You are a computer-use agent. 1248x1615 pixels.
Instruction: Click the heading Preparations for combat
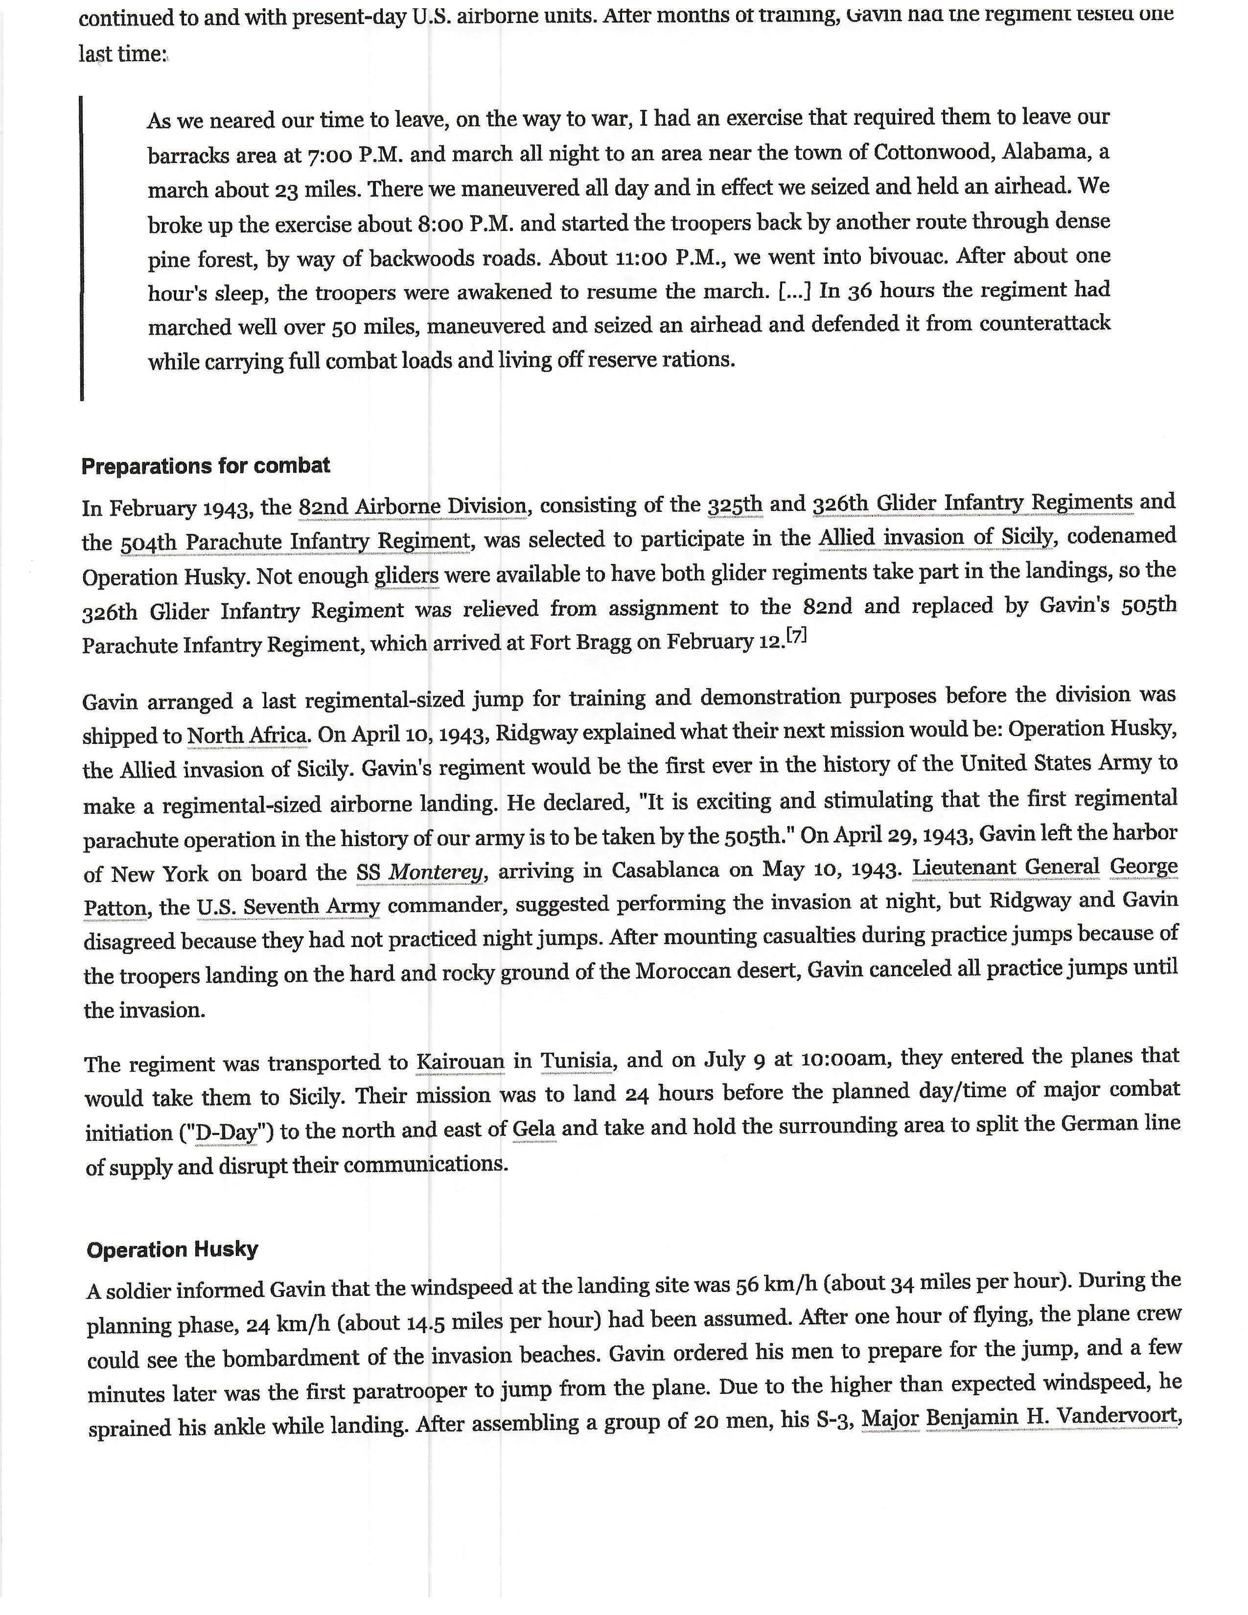click(206, 466)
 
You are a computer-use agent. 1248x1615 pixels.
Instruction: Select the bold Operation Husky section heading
click(172, 1250)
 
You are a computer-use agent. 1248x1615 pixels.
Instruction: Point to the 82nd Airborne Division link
click(413, 507)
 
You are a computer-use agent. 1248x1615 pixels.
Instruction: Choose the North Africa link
click(248, 735)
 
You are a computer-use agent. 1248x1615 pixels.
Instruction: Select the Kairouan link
click(461, 1062)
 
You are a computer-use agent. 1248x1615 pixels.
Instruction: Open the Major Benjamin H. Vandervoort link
click(1019, 1418)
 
